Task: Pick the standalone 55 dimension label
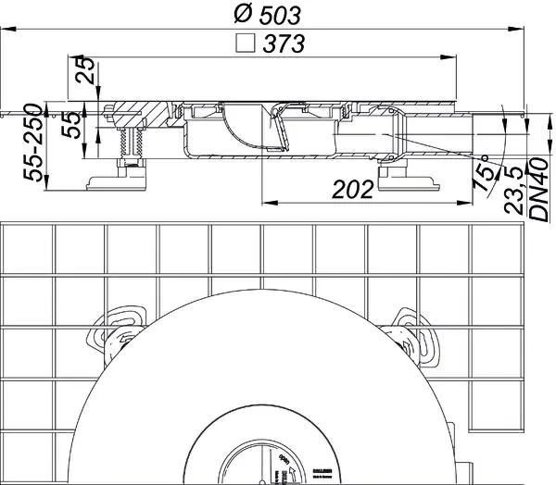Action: click(x=67, y=125)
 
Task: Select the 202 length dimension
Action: click(x=352, y=189)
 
